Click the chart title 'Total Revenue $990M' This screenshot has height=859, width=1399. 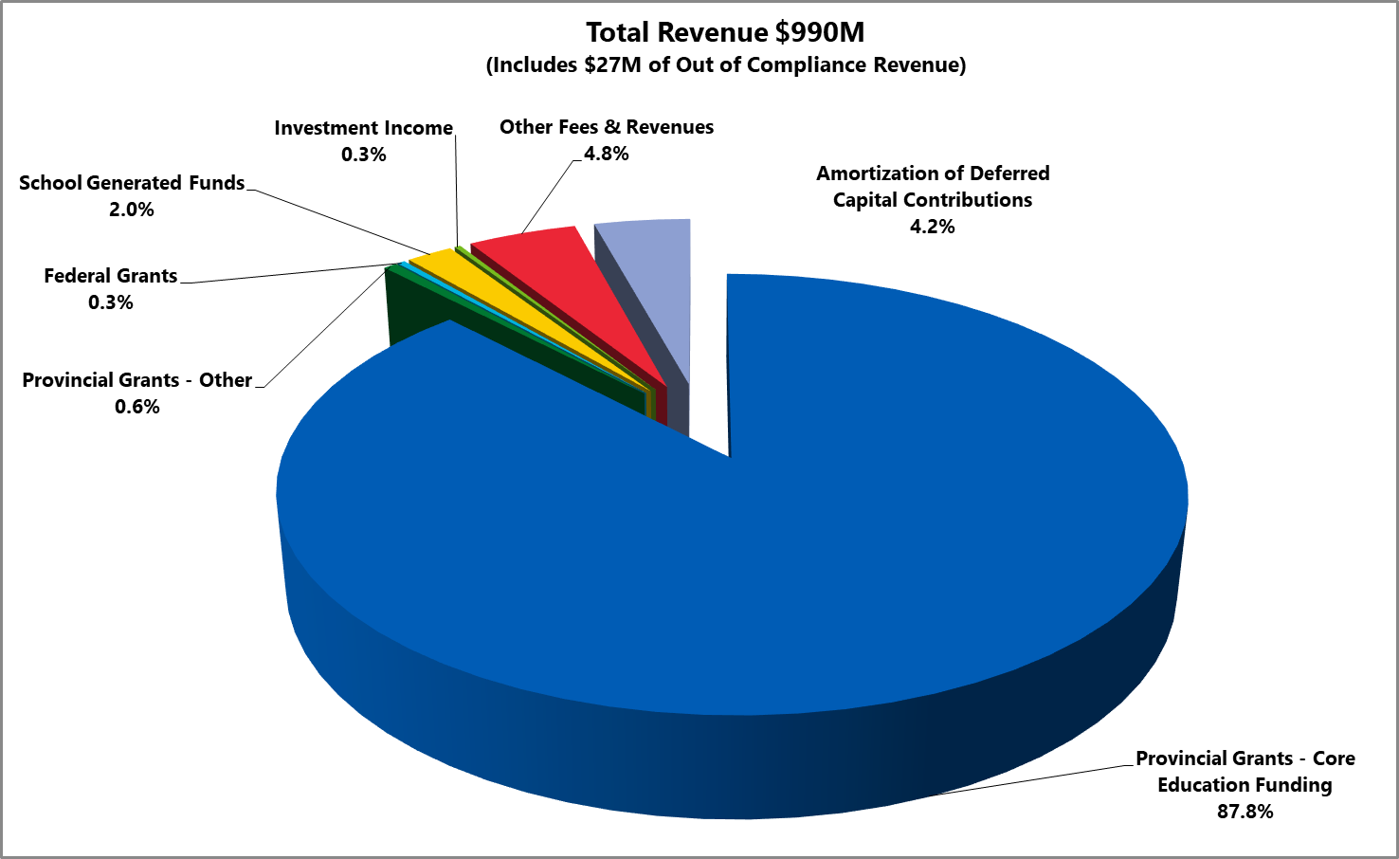pos(725,32)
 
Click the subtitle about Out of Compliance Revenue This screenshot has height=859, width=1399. pos(725,65)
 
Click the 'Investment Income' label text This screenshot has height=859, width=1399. pos(363,128)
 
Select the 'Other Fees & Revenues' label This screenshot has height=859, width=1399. pos(607,127)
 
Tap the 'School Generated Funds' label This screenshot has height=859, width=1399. pos(132,183)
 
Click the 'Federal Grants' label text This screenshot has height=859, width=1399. pos(111,276)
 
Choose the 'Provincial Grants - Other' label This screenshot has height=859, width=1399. pos(137,380)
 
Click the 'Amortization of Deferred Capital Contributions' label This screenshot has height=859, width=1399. pos(933,187)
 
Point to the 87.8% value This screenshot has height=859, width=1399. pos(1245,812)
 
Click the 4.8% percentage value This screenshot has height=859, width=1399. pos(607,154)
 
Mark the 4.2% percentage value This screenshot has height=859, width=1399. pos(933,227)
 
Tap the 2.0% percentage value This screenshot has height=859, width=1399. pos(132,210)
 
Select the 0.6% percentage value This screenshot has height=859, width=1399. pos(137,407)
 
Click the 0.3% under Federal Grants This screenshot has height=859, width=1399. pos(111,302)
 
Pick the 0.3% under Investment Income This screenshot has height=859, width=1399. pos(363,155)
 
